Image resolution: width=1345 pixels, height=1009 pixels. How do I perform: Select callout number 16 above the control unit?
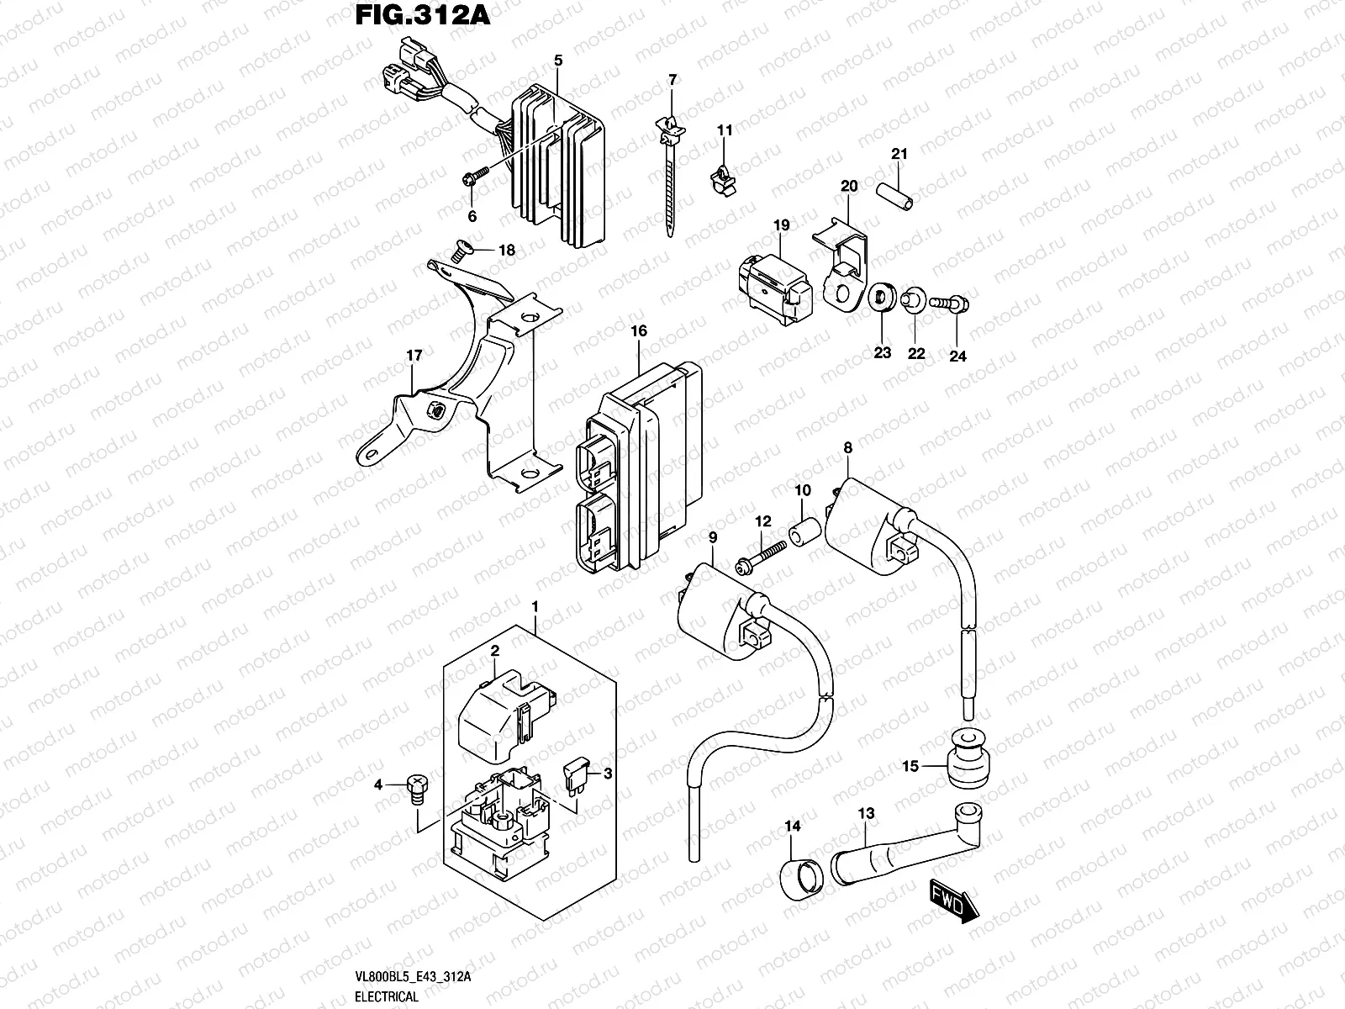[x=639, y=330]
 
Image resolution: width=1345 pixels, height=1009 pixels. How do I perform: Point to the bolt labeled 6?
[x=477, y=177]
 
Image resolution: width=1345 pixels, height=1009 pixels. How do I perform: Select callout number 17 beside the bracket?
[x=414, y=356]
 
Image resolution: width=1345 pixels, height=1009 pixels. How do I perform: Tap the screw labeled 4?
[x=416, y=790]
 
